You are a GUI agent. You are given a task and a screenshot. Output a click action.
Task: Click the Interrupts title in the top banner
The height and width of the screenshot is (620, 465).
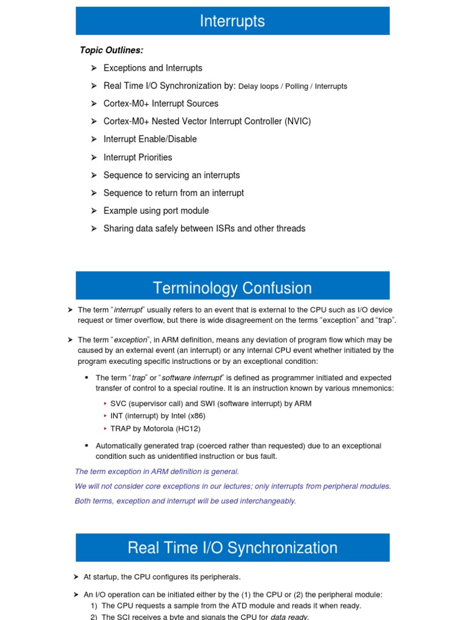pos(232,21)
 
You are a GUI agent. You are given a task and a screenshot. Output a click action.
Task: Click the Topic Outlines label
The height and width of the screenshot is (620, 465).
pos(111,50)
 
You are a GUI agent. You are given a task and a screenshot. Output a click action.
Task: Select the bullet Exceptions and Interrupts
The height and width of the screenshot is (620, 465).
pos(153,68)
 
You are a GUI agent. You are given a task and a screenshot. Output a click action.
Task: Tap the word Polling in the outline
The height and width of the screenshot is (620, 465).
pos(297,87)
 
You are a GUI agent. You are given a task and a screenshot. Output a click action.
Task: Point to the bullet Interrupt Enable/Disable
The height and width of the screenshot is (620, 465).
pos(150,139)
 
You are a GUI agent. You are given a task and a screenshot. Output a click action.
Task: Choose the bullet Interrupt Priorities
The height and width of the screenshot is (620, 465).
pos(137,157)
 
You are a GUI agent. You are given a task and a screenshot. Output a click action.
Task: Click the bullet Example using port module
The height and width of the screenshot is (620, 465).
pos(156,211)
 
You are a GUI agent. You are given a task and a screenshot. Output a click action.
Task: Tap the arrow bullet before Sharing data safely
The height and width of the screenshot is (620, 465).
pos(94,228)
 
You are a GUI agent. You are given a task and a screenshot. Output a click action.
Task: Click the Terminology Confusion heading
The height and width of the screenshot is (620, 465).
pos(232,288)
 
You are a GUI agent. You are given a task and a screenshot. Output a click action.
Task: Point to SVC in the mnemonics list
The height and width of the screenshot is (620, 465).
pos(119,403)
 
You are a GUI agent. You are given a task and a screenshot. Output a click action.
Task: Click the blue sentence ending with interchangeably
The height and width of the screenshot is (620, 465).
pos(185,501)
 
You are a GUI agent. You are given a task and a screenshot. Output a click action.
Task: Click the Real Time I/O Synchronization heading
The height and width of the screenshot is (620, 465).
pos(232,548)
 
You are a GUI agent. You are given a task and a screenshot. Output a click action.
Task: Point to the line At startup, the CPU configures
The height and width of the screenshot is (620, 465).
pos(162,577)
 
